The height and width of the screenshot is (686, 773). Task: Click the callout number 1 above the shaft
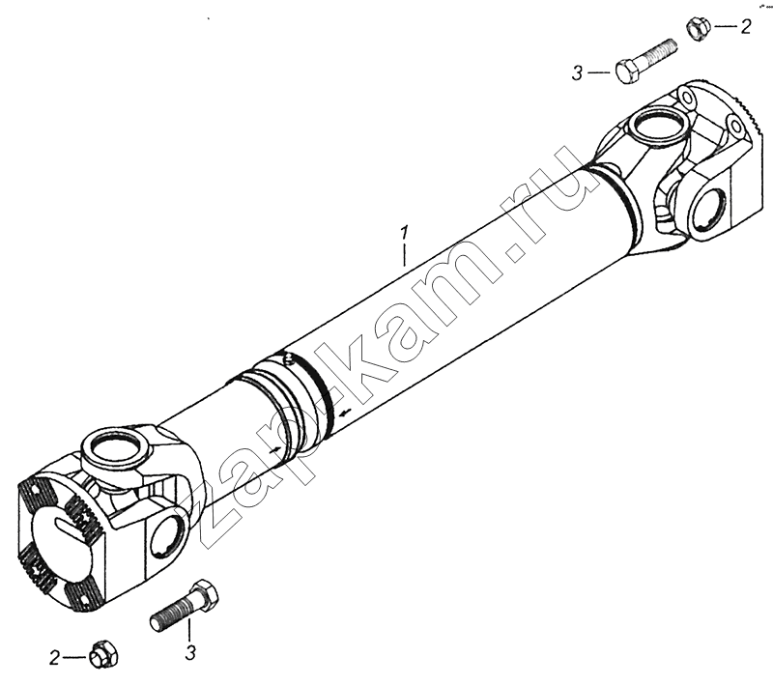click(x=405, y=233)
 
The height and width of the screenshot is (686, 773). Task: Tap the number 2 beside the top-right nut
click(x=745, y=27)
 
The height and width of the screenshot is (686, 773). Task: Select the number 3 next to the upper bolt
click(x=577, y=73)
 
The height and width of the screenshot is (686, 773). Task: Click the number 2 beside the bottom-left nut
click(x=55, y=657)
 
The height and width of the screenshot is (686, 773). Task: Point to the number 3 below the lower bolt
click(x=190, y=653)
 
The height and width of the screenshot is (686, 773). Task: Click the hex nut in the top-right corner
click(x=698, y=29)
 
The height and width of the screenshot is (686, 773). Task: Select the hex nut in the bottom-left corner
click(x=103, y=655)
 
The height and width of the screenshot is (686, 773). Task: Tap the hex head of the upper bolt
click(x=627, y=71)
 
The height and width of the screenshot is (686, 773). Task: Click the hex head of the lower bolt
click(x=203, y=595)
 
